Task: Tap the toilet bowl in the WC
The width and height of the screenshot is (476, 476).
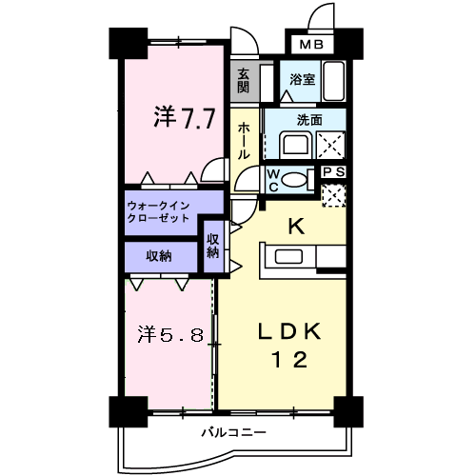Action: coord(295,179)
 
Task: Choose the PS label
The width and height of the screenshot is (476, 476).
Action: coord(333,171)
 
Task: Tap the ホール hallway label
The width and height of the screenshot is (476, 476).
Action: coord(244,140)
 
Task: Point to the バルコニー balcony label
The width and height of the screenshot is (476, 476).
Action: coord(233,433)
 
